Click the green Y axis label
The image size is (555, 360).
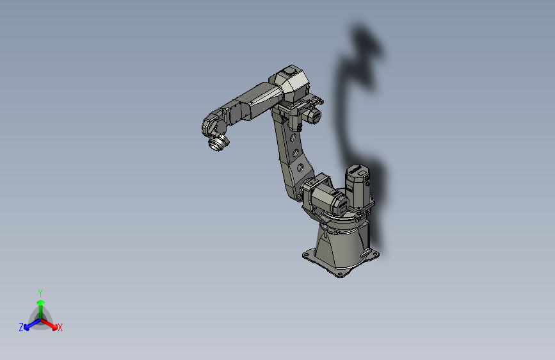point(40,292)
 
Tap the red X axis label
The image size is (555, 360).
point(60,327)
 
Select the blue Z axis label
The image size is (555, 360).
point(21,327)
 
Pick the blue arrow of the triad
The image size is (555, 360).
point(29,324)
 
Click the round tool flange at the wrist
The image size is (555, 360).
point(218,143)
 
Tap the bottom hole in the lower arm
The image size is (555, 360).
point(300,168)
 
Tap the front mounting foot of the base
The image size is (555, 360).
point(341,273)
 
